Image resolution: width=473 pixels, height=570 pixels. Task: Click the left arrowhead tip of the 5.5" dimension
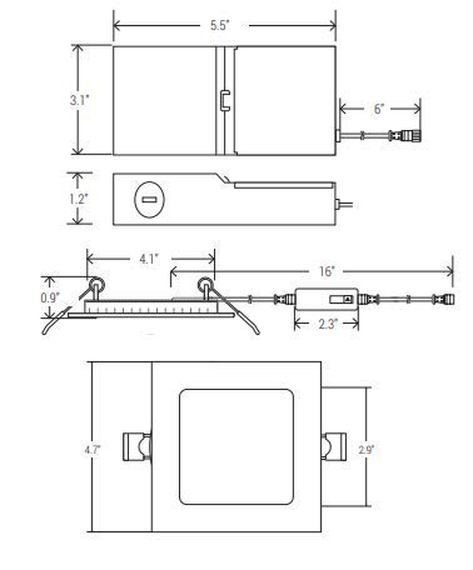pyautogui.click(x=114, y=26)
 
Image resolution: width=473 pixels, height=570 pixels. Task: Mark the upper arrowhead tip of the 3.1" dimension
pyautogui.click(x=78, y=45)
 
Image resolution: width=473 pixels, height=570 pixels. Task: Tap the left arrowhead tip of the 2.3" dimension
pyautogui.click(x=295, y=325)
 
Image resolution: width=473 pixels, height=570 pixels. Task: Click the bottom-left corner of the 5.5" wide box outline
pyautogui.click(x=114, y=155)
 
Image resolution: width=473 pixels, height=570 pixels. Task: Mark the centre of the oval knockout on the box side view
pyautogui.click(x=149, y=200)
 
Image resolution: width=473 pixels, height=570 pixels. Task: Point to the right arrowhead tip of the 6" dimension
pyautogui.click(x=420, y=109)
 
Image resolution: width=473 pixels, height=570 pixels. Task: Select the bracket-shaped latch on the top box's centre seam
pyautogui.click(x=225, y=101)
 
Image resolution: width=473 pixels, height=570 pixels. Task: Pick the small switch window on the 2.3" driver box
pyautogui.click(x=341, y=299)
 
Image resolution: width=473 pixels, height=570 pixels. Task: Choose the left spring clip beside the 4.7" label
pyautogui.click(x=137, y=447)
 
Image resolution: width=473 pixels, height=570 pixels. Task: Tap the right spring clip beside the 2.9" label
pyautogui.click(x=333, y=446)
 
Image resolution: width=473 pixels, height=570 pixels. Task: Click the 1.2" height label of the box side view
pyautogui.click(x=78, y=199)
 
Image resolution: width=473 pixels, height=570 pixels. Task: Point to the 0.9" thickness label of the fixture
pyautogui.click(x=50, y=298)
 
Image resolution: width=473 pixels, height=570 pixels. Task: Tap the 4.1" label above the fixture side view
pyautogui.click(x=149, y=259)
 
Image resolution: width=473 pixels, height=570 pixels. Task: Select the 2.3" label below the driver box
pyautogui.click(x=328, y=324)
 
